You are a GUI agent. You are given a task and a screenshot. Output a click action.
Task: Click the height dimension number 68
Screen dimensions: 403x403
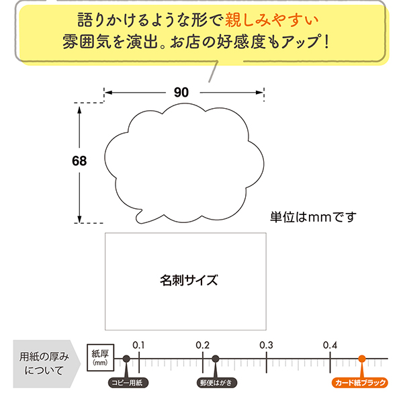tap(80, 161)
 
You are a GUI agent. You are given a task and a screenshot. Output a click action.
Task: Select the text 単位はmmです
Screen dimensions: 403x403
tap(312, 217)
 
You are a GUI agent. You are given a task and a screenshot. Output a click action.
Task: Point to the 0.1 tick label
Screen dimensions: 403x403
tap(138, 345)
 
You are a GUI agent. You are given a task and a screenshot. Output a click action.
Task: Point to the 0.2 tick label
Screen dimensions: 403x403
tap(202, 345)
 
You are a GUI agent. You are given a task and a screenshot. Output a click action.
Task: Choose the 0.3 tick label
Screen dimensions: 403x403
tap(266, 345)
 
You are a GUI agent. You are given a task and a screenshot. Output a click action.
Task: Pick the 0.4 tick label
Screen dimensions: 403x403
tap(329, 345)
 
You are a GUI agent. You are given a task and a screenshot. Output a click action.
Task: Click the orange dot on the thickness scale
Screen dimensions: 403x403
tap(361, 359)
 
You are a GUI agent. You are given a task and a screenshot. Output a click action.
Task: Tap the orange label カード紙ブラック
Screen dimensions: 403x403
tap(360, 383)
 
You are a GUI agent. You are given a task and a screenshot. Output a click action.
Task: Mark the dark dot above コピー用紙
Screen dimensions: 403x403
tap(126, 359)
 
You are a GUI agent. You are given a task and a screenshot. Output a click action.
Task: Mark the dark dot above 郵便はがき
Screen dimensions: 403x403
tap(215, 359)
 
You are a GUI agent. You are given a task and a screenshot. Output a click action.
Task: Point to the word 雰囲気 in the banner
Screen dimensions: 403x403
tap(92, 41)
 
